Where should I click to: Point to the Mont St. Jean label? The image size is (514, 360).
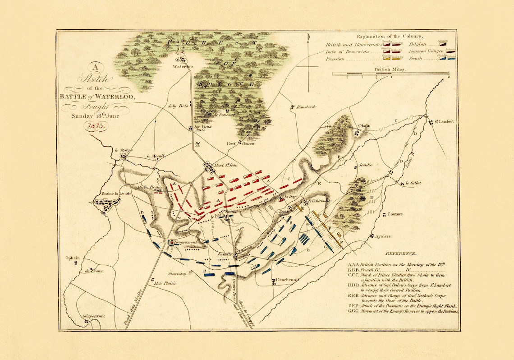pyautogui.click(x=226, y=165)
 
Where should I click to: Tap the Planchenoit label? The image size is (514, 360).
pyautogui.click(x=288, y=280)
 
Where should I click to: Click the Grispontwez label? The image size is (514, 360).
pyautogui.click(x=93, y=316)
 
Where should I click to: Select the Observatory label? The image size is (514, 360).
pyautogui.click(x=177, y=273)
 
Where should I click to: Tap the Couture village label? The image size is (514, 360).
pyautogui.click(x=395, y=214)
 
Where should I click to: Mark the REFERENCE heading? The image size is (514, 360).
pyautogui.click(x=401, y=254)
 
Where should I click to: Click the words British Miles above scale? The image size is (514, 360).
pyautogui.click(x=390, y=70)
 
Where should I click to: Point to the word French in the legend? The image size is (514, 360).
pyautogui.click(x=416, y=59)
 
